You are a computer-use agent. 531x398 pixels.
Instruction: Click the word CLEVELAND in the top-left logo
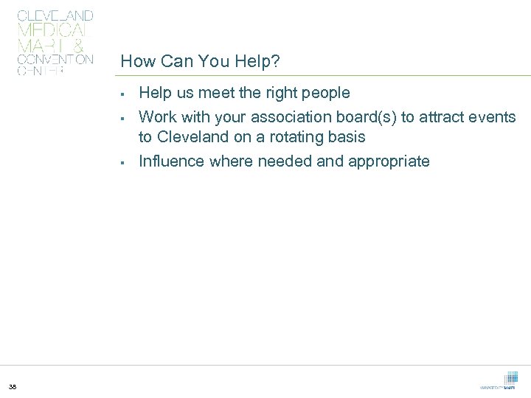pos(55,15)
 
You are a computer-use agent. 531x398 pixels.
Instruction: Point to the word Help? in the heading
pos(257,62)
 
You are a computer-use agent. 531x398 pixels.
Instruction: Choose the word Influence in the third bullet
pos(172,161)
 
